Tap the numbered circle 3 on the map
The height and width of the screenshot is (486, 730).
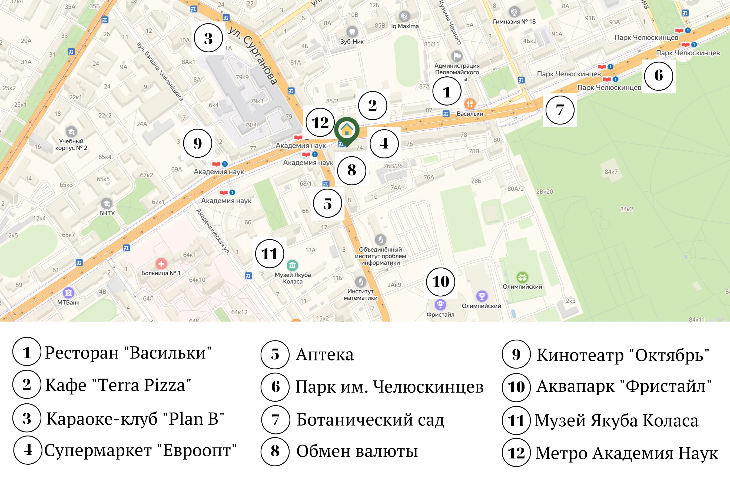208,38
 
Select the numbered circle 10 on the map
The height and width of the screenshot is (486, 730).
440,282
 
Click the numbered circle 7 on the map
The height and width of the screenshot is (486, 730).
560,110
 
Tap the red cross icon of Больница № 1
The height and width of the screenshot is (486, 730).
161,264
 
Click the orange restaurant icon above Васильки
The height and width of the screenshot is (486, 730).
470,103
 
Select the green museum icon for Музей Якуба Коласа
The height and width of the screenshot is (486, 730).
292,265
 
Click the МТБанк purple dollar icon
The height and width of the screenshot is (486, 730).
68,292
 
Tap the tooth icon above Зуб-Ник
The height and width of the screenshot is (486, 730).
352,32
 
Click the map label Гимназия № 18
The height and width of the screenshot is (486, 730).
514,22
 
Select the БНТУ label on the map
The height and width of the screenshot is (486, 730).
107,213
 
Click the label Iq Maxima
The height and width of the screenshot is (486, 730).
405,26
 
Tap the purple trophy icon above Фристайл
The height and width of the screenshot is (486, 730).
440,305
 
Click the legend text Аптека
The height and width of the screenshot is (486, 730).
324,354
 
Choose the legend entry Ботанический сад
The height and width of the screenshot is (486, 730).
370,420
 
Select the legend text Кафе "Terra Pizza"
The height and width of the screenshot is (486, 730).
118,385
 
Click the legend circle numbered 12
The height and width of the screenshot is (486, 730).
516,453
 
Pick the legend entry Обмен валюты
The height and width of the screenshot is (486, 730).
357,451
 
